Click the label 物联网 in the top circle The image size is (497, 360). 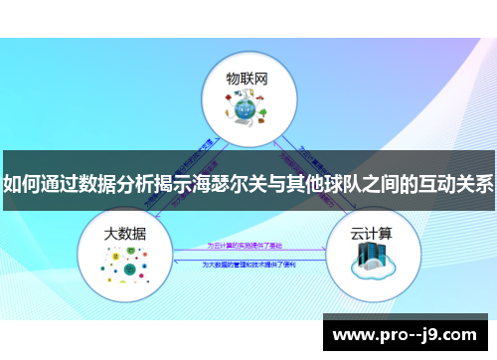click(x=247, y=77)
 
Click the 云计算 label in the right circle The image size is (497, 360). click(x=371, y=234)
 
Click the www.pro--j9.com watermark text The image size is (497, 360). click(x=409, y=334)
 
